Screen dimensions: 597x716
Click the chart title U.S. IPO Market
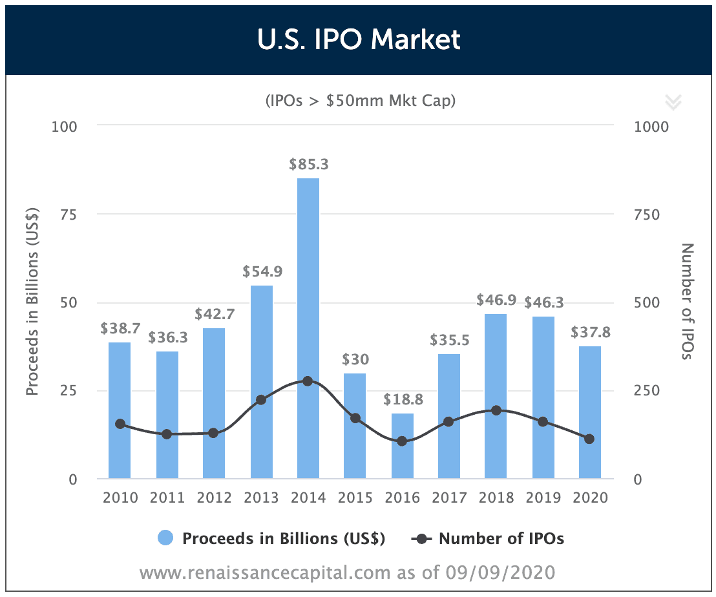tap(358, 39)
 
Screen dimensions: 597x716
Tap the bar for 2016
tap(403, 446)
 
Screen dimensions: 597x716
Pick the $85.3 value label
tap(308, 165)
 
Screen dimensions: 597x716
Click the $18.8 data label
tap(403, 399)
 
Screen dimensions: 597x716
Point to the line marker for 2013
tap(261, 400)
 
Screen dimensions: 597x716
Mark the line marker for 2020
tap(589, 439)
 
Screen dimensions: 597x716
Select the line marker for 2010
tap(120, 424)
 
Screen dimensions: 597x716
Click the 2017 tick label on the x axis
tap(449, 497)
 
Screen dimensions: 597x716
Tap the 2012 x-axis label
tap(214, 497)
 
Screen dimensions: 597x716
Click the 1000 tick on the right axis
tap(651, 126)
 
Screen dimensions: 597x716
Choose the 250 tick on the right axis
tap(647, 391)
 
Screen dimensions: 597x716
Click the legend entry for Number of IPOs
tap(501, 539)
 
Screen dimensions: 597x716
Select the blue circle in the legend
tap(166, 539)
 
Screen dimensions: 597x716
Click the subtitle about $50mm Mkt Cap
tap(359, 101)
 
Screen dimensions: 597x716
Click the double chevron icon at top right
tap(673, 101)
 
